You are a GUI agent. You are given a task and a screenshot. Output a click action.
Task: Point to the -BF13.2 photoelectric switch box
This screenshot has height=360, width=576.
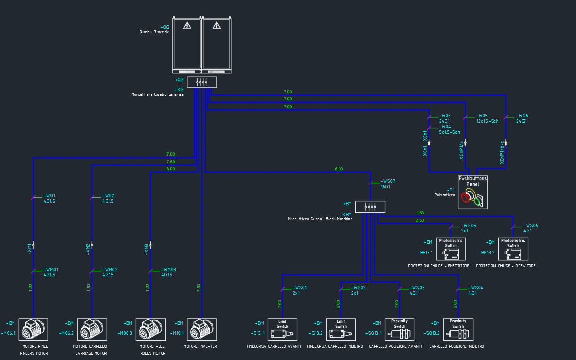click(513, 248)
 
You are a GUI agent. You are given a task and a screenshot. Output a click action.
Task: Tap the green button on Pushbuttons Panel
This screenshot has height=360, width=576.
click(477, 202)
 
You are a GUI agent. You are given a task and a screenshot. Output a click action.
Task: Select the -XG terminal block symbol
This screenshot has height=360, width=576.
click(201, 82)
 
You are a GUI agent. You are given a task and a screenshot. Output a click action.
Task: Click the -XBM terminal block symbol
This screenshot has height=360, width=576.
click(370, 207)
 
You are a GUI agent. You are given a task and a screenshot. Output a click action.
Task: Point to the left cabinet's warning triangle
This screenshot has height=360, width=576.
click(187, 25)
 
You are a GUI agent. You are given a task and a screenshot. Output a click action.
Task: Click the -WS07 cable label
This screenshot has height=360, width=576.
click(388, 181)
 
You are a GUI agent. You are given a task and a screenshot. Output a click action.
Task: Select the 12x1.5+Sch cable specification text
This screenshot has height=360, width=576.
click(487, 121)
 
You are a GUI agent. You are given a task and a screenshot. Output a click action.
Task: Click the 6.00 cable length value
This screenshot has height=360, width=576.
click(339, 169)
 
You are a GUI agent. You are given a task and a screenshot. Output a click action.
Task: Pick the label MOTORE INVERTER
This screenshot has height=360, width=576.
click(200, 347)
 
